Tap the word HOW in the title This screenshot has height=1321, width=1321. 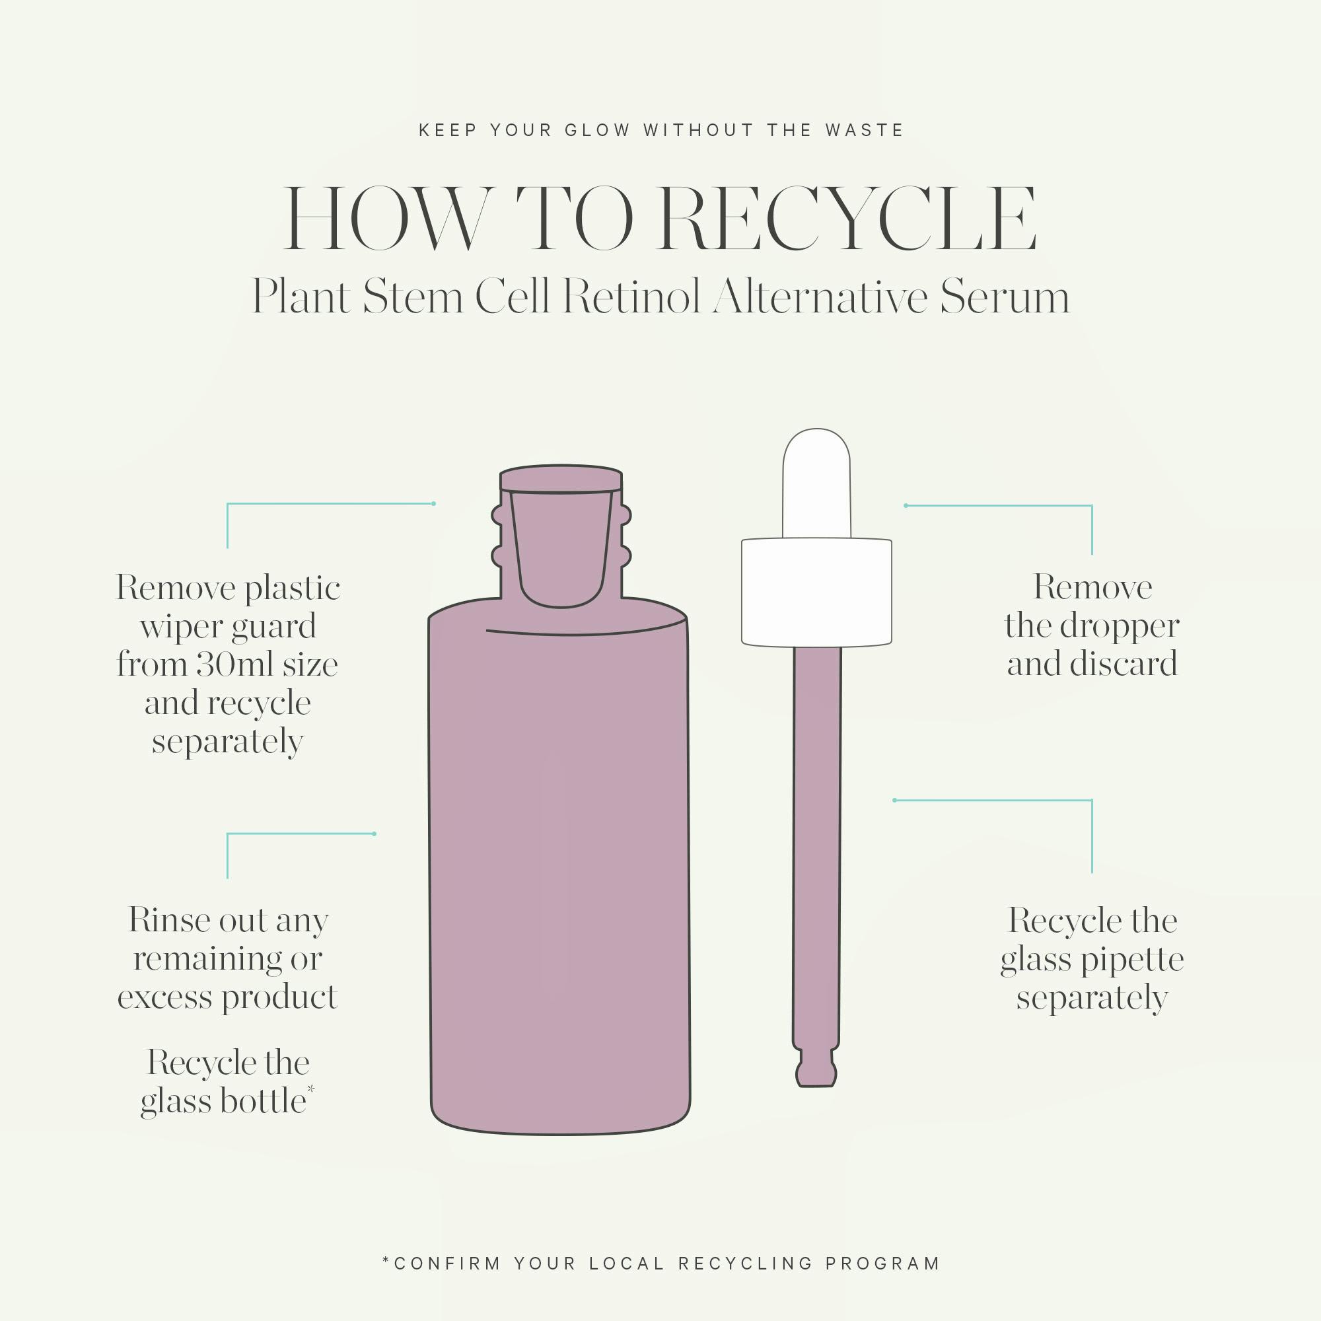point(387,219)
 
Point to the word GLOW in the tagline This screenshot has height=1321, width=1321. point(597,130)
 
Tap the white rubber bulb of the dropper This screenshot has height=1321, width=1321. point(816,483)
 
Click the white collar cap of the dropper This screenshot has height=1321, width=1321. point(816,592)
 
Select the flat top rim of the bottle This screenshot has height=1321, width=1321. point(561,478)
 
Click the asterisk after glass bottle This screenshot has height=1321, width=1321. point(311,1089)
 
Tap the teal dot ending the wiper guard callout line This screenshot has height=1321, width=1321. point(433,504)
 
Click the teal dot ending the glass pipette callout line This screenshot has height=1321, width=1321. point(894,800)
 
